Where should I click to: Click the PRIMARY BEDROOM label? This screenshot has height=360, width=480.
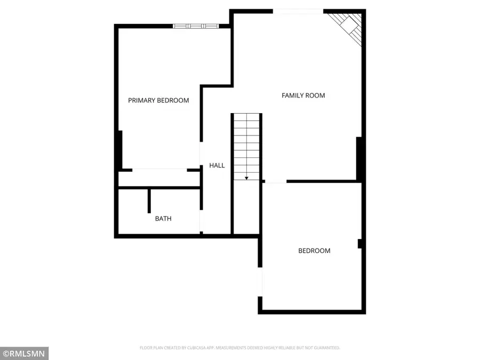158,100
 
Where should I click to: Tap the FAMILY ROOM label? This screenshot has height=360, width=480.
303,95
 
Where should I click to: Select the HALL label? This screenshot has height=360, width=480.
217,165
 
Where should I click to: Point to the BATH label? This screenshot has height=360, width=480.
163,218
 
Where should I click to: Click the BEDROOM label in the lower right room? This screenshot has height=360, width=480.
314,251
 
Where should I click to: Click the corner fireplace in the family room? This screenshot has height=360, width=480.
350,26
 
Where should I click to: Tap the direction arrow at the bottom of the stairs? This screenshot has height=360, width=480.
246,178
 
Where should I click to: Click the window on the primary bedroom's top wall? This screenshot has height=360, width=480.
196,25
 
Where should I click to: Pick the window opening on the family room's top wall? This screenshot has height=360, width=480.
298,11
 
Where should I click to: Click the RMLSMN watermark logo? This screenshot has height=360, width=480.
25,353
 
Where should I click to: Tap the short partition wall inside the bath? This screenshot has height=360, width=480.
150,201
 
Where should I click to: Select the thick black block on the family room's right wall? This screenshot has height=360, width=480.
360,158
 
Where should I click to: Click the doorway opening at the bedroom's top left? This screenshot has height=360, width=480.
275,182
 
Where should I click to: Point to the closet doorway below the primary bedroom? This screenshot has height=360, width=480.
159,170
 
